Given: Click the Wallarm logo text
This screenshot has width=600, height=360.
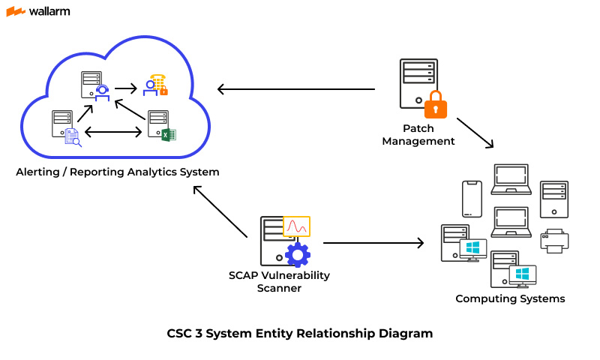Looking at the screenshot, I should pos(49,11).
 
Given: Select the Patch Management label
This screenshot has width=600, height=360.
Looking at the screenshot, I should pos(418,135).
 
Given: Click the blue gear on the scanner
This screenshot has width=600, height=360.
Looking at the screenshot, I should pos(298,254).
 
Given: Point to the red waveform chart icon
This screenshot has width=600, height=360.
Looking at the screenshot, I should pos(296,226).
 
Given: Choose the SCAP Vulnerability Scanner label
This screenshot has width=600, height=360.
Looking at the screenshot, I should pos(279,281).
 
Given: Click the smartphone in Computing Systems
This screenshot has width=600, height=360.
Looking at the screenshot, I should pos(472,199).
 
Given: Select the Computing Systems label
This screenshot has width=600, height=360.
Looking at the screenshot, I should pos(510,298).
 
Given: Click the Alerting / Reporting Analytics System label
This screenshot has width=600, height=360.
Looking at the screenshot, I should pos(118,172).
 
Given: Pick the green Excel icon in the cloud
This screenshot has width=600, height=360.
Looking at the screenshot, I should pos(169,135).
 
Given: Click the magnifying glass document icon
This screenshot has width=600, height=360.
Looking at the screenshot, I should pos(73,136).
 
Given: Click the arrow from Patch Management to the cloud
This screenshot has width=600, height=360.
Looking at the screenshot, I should pos(296,89).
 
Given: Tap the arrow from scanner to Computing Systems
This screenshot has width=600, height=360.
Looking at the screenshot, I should pos(373,243).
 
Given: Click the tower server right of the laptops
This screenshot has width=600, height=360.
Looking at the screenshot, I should pos(554,199).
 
